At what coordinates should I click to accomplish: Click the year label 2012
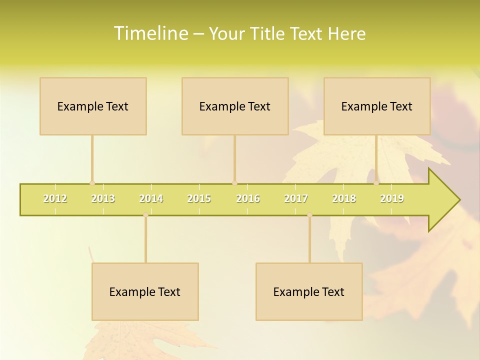click(x=55, y=198)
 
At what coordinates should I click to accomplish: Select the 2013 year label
click(x=103, y=198)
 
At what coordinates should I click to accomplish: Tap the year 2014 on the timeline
click(x=151, y=198)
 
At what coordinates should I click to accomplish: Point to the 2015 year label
click(x=199, y=198)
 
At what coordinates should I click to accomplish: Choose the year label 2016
click(x=248, y=198)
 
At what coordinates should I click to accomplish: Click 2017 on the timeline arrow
click(x=296, y=198)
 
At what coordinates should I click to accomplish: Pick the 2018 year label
click(x=344, y=198)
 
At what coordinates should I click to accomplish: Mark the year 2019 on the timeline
click(x=392, y=198)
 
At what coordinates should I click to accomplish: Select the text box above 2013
click(x=93, y=106)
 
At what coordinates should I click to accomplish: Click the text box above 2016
click(x=235, y=106)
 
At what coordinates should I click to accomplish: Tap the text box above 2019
click(x=377, y=106)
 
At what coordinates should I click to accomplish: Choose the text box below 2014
click(x=145, y=291)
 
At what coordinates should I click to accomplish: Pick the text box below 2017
click(x=309, y=291)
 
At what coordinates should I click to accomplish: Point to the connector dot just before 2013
click(x=92, y=183)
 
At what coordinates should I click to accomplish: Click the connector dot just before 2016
click(x=234, y=183)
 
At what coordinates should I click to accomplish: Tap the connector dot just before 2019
click(x=376, y=183)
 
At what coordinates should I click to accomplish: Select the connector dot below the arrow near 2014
click(x=145, y=215)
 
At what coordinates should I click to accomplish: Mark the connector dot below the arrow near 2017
click(x=309, y=215)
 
